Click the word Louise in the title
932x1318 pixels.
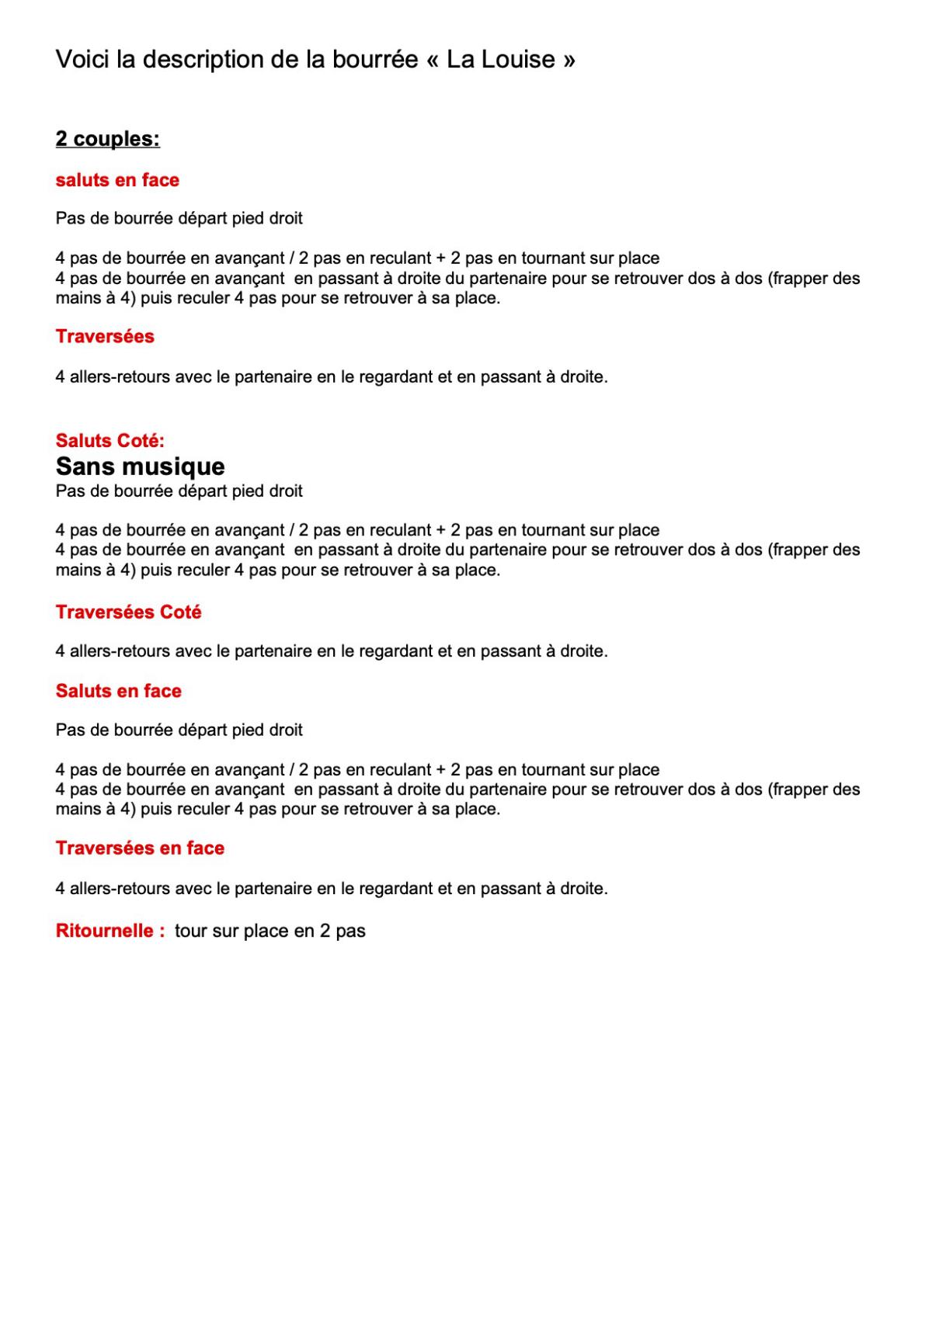[x=518, y=59]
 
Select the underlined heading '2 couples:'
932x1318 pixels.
[x=107, y=139]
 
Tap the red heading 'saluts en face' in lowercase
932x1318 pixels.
[x=117, y=180]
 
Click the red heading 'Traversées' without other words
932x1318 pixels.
[x=105, y=336]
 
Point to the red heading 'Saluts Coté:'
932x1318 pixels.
[x=110, y=440]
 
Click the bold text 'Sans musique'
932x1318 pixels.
[x=140, y=466]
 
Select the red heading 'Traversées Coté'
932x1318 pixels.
[x=128, y=612]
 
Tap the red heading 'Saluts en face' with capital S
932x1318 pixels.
[x=118, y=691]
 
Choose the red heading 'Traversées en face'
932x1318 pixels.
[x=140, y=848]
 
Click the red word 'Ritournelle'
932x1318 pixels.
[x=105, y=931]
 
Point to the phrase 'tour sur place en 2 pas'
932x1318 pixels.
[x=270, y=931]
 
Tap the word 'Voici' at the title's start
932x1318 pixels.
[x=82, y=59]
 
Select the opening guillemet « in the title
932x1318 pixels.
[x=432, y=61]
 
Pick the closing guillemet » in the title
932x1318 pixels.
[x=569, y=61]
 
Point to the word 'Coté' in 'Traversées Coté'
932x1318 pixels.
[x=180, y=612]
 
